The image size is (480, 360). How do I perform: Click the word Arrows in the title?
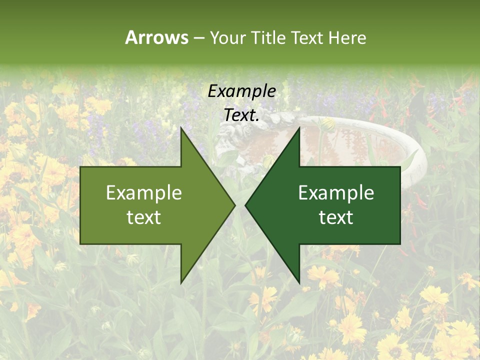point(156,37)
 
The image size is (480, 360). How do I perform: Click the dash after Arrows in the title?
point(198,38)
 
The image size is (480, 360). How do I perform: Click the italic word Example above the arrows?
point(241,91)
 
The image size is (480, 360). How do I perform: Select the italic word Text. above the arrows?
point(241,115)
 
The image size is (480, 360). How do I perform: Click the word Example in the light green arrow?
point(144,192)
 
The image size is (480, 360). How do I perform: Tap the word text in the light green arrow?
point(144,217)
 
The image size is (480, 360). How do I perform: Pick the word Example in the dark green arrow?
point(336,192)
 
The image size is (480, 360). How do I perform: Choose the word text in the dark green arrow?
point(336,217)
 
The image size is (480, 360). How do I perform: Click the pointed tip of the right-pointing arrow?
point(234,204)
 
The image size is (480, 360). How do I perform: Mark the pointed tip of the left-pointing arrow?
point(245,204)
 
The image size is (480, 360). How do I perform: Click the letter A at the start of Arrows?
point(130,37)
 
